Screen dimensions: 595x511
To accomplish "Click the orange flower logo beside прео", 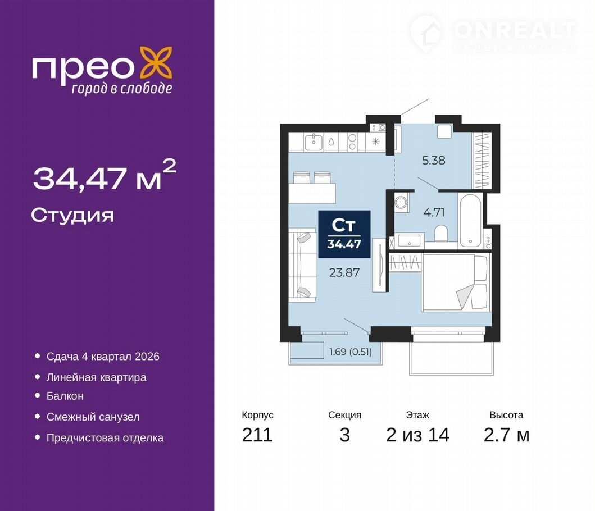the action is coord(156,63).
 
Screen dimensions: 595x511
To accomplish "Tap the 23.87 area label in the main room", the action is coord(344,272).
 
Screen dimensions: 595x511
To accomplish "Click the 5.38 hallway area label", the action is coord(434,160).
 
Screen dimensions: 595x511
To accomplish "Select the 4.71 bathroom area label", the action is coord(434,212).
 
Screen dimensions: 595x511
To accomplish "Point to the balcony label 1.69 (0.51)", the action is coord(351,352).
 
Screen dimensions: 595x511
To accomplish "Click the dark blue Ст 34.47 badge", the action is coord(344,234).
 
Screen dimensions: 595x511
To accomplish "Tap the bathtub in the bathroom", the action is coord(470,220).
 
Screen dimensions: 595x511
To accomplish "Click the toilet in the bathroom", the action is coord(441,233).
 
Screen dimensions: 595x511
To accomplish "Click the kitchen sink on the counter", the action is coord(314,142).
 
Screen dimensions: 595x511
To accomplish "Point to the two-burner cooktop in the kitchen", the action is coord(352,142).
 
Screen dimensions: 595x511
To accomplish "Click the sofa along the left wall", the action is coord(302,265).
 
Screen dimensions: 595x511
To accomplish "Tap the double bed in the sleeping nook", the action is coord(455,282).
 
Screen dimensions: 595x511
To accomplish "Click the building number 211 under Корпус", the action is coord(257,435).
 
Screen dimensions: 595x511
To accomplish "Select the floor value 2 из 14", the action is coord(417,435).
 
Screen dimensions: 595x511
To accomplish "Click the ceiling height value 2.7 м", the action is coord(506,435).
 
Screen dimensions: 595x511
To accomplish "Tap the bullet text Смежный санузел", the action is coord(93,417).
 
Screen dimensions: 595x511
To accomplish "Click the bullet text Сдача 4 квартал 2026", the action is coord(103,357).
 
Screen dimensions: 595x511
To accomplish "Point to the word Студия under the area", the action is coord(72,215).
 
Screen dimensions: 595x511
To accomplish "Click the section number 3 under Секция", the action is coord(344,435).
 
